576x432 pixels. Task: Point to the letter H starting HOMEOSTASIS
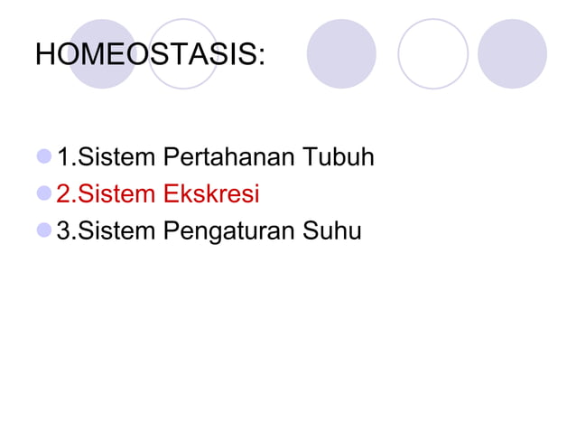point(45,55)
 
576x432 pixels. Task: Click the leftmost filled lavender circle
point(102,54)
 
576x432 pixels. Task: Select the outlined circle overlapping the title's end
point(183,54)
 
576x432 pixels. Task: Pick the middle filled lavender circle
point(341,54)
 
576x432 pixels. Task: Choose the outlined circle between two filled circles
point(432,54)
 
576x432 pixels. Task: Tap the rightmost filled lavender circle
point(512,54)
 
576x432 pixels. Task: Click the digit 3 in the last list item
point(62,231)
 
